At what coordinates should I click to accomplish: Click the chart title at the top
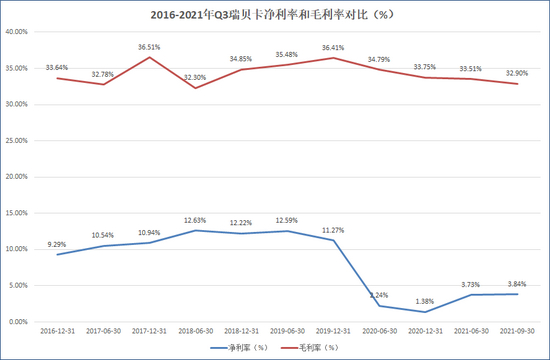tap(274, 15)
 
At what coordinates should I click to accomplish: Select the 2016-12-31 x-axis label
tap(55, 330)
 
